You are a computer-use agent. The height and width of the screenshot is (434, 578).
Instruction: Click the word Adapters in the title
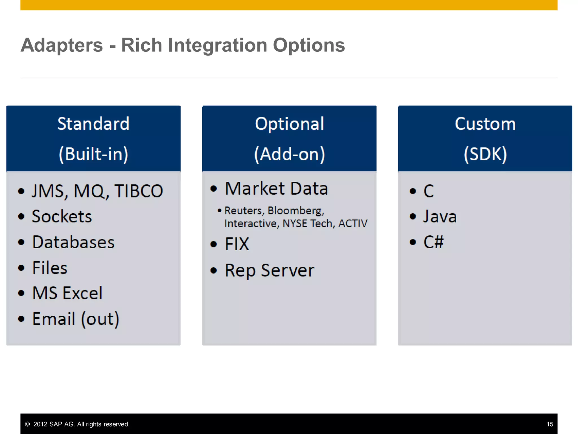tap(62, 45)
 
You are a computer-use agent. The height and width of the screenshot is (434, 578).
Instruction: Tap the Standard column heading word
tap(93, 124)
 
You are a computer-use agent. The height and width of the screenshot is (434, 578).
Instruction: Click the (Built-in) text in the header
tap(93, 154)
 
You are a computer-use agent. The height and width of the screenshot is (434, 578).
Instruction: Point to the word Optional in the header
tap(289, 124)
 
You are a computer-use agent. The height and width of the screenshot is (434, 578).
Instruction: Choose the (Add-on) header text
tap(289, 154)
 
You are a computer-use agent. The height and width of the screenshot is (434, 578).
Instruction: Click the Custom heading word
tap(485, 124)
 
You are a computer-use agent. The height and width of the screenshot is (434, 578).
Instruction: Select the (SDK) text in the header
tap(485, 154)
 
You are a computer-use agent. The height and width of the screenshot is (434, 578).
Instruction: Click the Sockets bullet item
tap(62, 217)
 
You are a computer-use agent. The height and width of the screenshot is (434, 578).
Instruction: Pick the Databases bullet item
tap(73, 242)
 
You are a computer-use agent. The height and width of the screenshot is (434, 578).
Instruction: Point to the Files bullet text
tap(50, 268)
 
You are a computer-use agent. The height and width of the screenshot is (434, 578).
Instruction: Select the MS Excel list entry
tap(67, 293)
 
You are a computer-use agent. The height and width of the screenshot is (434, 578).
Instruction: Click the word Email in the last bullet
tap(54, 319)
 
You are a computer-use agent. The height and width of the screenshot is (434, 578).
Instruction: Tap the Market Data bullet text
tap(276, 188)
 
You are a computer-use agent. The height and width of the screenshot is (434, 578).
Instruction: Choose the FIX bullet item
tap(237, 244)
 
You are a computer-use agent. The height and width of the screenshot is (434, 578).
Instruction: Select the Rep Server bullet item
tap(269, 270)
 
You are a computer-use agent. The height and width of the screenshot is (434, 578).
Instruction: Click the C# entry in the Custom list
tap(433, 242)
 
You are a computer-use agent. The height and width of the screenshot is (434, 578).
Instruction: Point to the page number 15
tap(549, 424)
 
